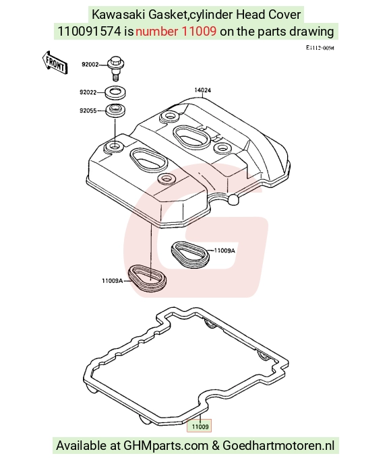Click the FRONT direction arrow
[x=55, y=63]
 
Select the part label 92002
[x=90, y=65]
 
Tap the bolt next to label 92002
[x=116, y=67]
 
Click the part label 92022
[x=88, y=92]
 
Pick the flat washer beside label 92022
[x=116, y=92]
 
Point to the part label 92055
[x=88, y=110]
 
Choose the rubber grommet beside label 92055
[x=116, y=110]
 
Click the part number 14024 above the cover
[x=202, y=90]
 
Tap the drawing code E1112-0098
[x=320, y=48]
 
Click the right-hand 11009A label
[x=225, y=251]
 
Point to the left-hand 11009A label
[x=113, y=281]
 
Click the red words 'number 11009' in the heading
[x=176, y=31]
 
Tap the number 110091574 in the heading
[x=89, y=31]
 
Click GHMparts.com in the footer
[x=166, y=446]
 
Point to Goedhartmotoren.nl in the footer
[x=278, y=446]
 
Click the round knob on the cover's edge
[x=234, y=199]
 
